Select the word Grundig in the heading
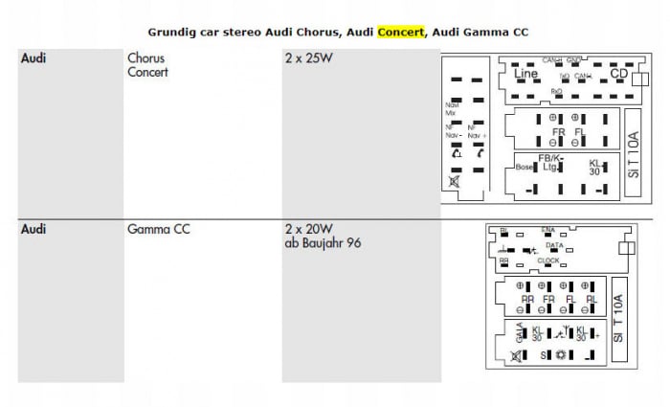coord(174,32)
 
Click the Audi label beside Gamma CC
coord(33,231)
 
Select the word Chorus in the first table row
coord(145,58)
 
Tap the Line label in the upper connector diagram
coord(525,74)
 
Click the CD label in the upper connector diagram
coord(618,74)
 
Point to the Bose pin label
coord(525,167)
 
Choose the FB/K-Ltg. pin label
coord(550,162)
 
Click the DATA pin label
coord(554,245)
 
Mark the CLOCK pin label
coord(548,260)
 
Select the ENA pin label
coord(547,231)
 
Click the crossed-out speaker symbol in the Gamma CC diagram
coord(517,355)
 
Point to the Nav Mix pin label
coord(451,109)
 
